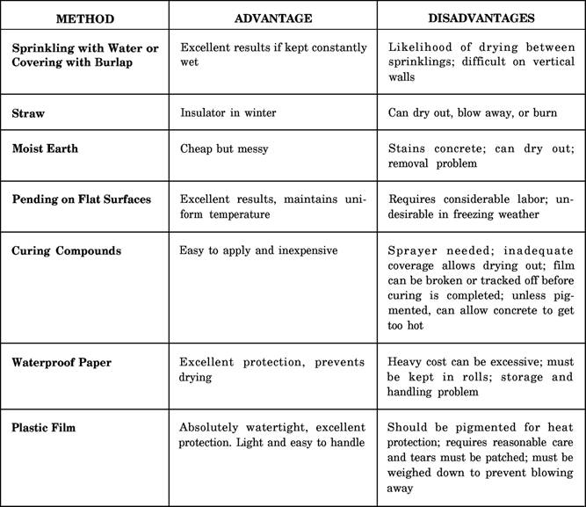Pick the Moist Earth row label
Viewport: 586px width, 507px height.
point(45,148)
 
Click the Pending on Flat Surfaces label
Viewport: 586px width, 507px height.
point(81,199)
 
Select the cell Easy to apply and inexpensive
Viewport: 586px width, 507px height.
point(258,250)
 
